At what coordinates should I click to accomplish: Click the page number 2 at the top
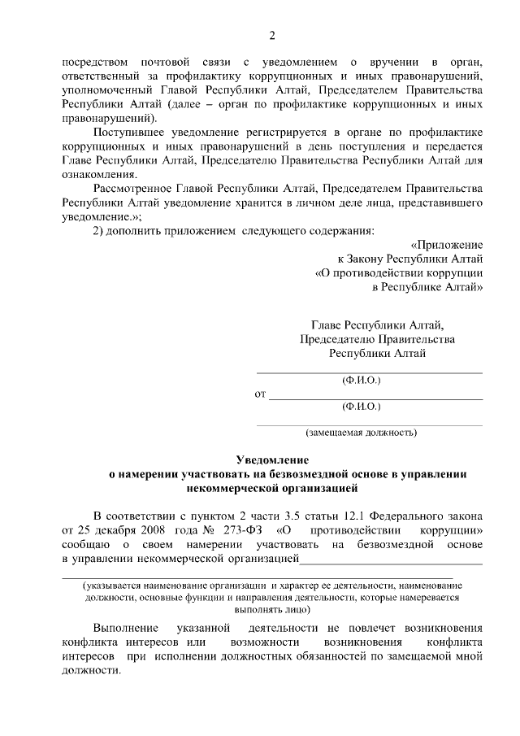[273, 34]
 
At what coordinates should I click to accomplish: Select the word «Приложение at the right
[447, 245]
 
